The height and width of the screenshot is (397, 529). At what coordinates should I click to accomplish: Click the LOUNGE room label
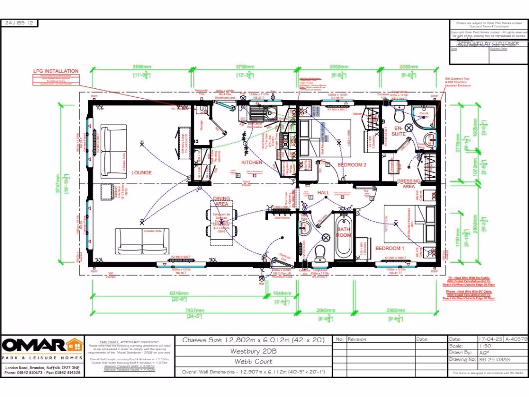141,173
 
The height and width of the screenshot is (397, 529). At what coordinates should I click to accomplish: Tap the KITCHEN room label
252,162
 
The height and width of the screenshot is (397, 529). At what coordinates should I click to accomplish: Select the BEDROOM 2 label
352,164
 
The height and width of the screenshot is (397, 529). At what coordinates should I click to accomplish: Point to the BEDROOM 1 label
390,249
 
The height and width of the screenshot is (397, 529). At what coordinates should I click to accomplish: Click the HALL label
323,192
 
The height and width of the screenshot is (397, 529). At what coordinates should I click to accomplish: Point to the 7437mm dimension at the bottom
194,311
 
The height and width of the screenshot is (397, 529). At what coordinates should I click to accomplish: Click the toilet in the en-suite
399,113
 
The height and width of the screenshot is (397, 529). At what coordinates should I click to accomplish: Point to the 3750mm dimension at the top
245,67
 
